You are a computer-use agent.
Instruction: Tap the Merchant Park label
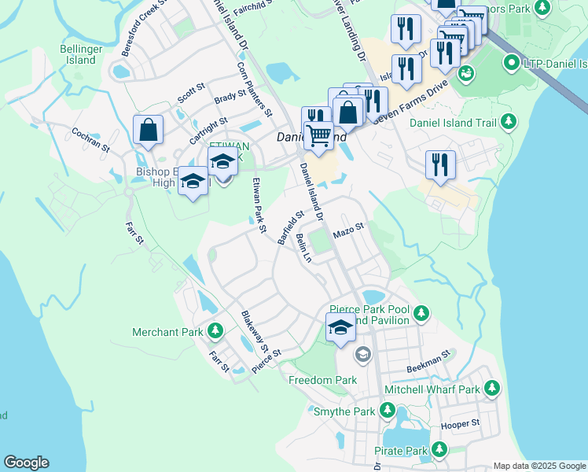(167, 332)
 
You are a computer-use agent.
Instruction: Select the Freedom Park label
(322, 380)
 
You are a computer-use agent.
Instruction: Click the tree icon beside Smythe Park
(387, 411)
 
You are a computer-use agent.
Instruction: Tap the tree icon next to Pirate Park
(439, 450)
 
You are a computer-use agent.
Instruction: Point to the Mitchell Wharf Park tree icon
(492, 389)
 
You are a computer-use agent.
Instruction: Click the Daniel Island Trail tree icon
(509, 122)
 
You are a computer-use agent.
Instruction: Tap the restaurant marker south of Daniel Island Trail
(440, 165)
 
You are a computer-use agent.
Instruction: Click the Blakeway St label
(255, 331)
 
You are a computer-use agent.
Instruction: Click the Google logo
(26, 463)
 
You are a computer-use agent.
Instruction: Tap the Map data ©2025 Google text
(539, 466)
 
